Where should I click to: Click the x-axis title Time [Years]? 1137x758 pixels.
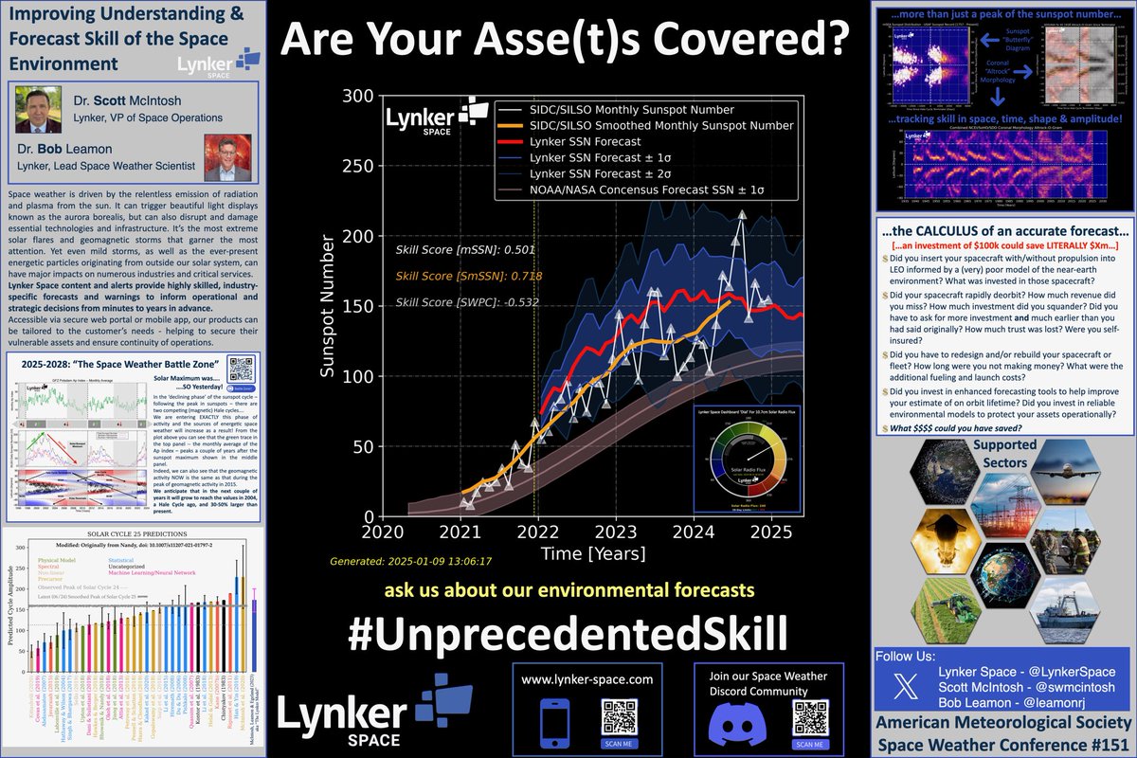pos(593,551)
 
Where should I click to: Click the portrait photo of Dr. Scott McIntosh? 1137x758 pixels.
pos(38,112)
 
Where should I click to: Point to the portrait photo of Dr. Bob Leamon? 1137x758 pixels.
pos(226,154)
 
